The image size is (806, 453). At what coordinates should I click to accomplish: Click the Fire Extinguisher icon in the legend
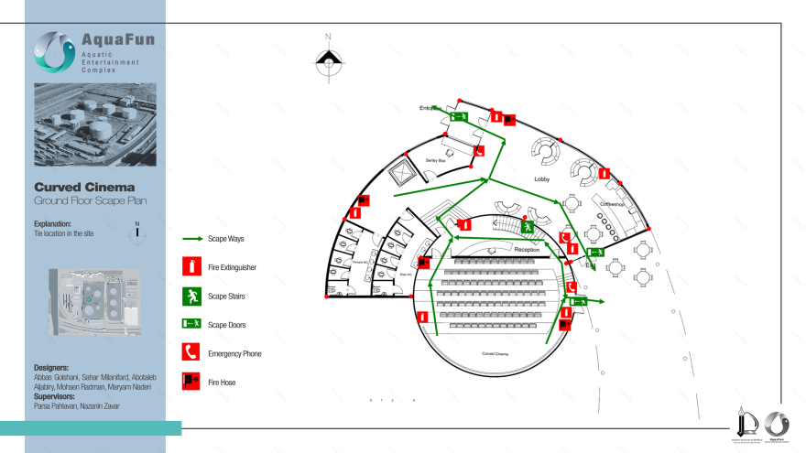coord(191,267)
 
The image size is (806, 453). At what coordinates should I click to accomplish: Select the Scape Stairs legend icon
coord(191,296)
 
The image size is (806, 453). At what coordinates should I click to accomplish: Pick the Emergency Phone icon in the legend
coord(191,352)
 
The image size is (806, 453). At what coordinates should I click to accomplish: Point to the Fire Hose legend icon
coord(191,381)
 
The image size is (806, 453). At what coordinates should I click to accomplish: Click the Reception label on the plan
coord(527,249)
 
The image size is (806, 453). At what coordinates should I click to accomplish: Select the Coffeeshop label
coord(612,205)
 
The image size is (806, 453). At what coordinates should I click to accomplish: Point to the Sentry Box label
coord(435,160)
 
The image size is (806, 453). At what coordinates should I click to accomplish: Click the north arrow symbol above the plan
coord(328,61)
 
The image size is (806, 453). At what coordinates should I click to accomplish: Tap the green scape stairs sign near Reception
coord(528,226)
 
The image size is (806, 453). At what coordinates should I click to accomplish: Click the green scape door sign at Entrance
coord(459,116)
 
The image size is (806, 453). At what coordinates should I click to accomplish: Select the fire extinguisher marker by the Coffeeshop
coord(604,173)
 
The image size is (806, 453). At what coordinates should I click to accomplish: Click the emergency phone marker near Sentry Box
coord(479,153)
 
